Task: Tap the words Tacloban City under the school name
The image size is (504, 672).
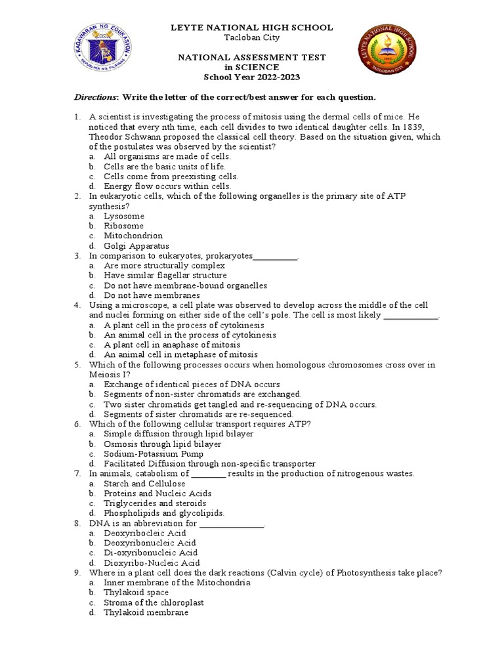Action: click(x=252, y=37)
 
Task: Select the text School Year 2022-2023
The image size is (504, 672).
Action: click(x=252, y=77)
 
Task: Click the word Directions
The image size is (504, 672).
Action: click(x=94, y=97)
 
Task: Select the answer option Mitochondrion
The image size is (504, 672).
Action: click(x=133, y=236)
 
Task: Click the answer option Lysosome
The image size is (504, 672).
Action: click(x=124, y=216)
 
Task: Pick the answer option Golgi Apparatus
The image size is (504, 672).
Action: click(x=136, y=245)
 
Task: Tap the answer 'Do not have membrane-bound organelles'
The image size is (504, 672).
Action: click(x=185, y=285)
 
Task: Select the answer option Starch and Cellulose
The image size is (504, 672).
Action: click(x=144, y=484)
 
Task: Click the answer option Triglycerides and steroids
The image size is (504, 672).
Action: click(x=155, y=503)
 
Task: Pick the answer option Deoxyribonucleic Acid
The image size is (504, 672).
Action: click(x=150, y=543)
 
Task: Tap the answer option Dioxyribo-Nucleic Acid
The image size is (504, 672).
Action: click(x=152, y=562)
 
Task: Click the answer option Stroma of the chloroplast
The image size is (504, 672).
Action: click(x=154, y=602)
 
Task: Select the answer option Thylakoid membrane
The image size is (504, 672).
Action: click(x=146, y=612)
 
